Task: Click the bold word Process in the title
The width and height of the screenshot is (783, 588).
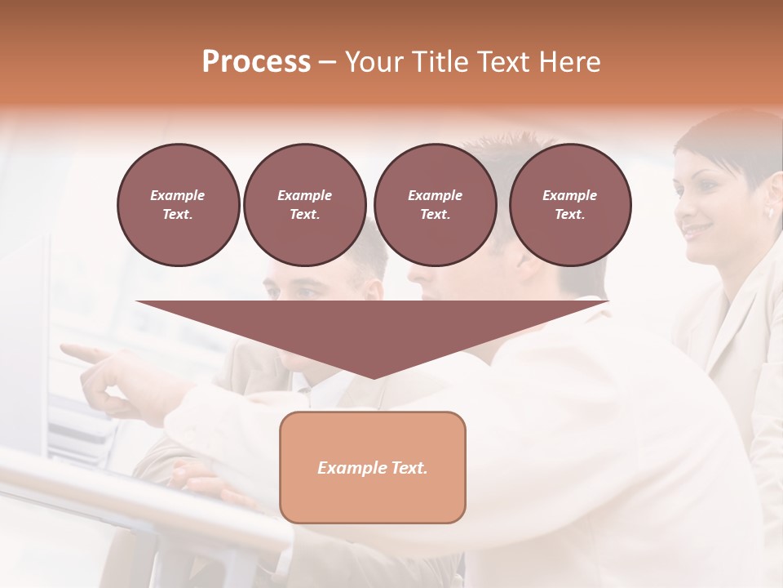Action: (x=256, y=62)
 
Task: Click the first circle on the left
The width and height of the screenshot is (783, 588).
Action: (x=178, y=205)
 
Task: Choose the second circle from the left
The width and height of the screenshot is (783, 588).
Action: (x=305, y=205)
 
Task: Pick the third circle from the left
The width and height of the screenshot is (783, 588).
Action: (x=435, y=205)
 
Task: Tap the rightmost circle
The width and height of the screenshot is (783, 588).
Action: (x=570, y=205)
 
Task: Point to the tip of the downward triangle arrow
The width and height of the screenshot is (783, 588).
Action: (x=373, y=376)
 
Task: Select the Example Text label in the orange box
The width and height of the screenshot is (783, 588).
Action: (x=373, y=468)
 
